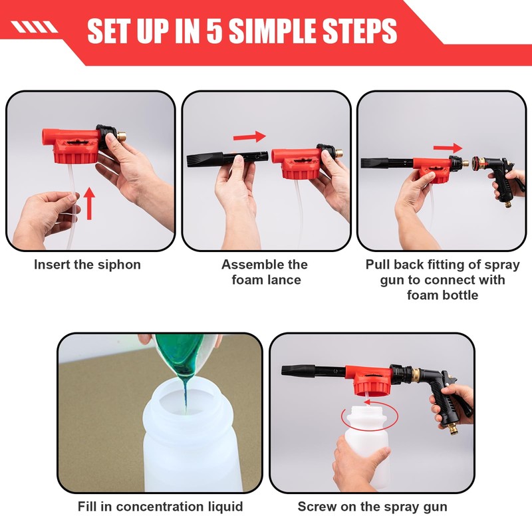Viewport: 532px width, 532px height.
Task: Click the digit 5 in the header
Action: (x=214, y=31)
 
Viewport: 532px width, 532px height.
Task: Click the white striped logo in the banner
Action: (x=34, y=27)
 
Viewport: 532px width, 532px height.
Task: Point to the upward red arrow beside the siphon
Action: (x=89, y=203)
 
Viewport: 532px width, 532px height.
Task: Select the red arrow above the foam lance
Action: (x=249, y=137)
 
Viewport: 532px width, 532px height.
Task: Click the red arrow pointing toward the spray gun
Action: (x=448, y=148)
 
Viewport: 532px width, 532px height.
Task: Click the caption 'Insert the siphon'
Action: (x=87, y=265)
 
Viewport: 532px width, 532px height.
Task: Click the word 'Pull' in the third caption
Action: (x=376, y=265)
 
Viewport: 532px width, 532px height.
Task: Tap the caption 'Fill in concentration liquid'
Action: (x=160, y=507)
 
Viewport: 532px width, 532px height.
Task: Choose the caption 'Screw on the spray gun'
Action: (x=372, y=507)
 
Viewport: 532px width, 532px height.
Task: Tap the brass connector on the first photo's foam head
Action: (x=122, y=137)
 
